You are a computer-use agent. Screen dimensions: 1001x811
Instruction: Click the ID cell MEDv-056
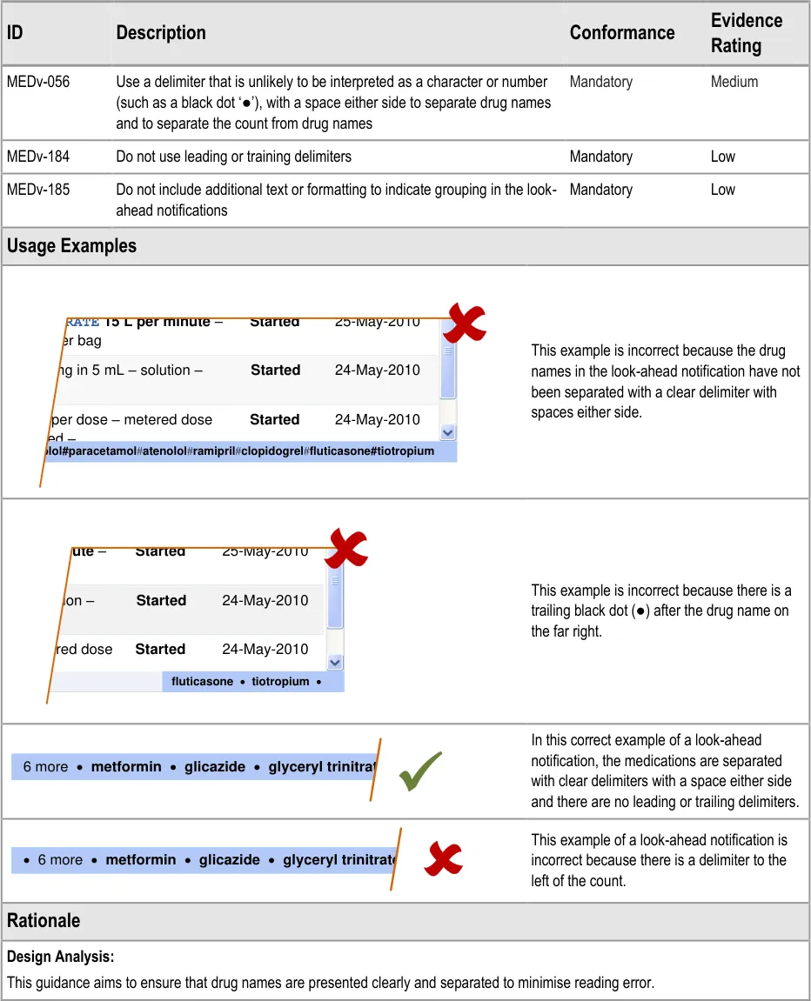pos(38,82)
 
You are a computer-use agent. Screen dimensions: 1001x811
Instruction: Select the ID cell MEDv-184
pos(38,157)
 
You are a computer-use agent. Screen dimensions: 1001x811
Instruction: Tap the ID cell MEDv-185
pos(38,190)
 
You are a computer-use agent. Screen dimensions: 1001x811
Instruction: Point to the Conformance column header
pos(621,33)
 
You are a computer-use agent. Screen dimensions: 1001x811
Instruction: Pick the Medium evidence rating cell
pos(734,82)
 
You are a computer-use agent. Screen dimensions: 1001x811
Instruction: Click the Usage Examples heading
pos(71,246)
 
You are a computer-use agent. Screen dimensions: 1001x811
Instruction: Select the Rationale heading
pos(44,921)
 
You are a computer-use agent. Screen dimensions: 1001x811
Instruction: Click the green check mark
pos(420,771)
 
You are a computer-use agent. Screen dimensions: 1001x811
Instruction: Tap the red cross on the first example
pos(464,324)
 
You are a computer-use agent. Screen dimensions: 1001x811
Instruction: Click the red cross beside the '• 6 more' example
pos(443,859)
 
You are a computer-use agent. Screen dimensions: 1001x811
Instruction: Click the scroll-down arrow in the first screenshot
pos(447,432)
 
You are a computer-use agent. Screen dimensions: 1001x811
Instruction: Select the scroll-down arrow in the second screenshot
pos(335,662)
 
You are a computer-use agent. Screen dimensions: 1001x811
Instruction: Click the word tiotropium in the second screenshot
pos(280,682)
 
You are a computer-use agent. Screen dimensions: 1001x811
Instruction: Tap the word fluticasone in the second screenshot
pos(202,682)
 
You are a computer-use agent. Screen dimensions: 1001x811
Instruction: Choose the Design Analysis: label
pos(60,957)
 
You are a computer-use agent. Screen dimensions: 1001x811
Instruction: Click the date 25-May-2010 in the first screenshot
pos(377,322)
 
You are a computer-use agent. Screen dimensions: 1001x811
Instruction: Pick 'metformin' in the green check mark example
pos(126,767)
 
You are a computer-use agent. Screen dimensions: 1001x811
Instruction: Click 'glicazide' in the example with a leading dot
pos(229,860)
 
